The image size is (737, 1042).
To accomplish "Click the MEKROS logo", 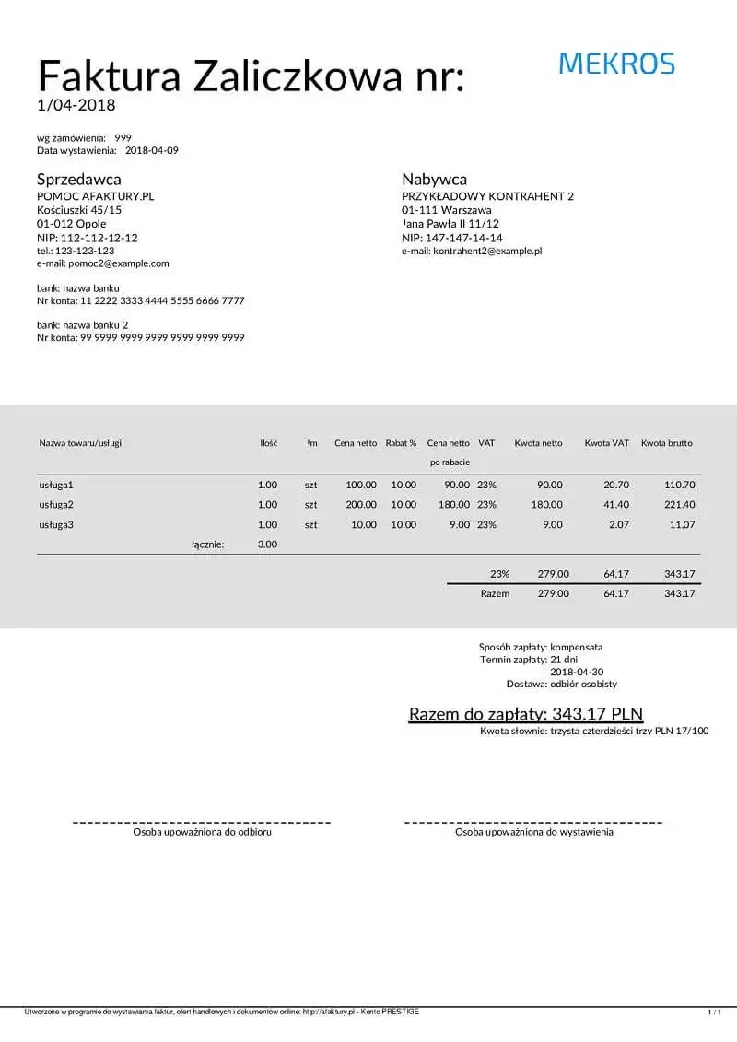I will coord(616,64).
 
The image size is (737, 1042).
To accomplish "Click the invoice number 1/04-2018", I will coord(76,105).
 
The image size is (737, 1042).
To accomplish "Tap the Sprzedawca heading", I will coord(79,179).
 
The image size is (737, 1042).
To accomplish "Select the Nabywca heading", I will coord(434,179).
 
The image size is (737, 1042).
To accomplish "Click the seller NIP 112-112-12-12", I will coord(88,238).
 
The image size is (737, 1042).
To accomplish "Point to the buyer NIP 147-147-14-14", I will coord(452,238).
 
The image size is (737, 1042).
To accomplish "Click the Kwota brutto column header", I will coord(666,443).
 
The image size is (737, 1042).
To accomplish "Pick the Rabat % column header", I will coord(401,443).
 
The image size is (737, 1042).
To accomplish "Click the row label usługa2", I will coord(56,504).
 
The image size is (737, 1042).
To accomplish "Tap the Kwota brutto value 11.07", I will coord(682,524).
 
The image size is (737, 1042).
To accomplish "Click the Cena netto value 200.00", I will coord(361,504).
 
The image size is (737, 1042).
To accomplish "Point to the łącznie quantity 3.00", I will coord(267,544).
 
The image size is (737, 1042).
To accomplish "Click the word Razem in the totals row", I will coord(495,593).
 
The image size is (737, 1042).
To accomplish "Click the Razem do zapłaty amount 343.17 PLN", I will coord(597,714).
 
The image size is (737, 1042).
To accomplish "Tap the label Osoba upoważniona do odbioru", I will coord(202,832).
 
